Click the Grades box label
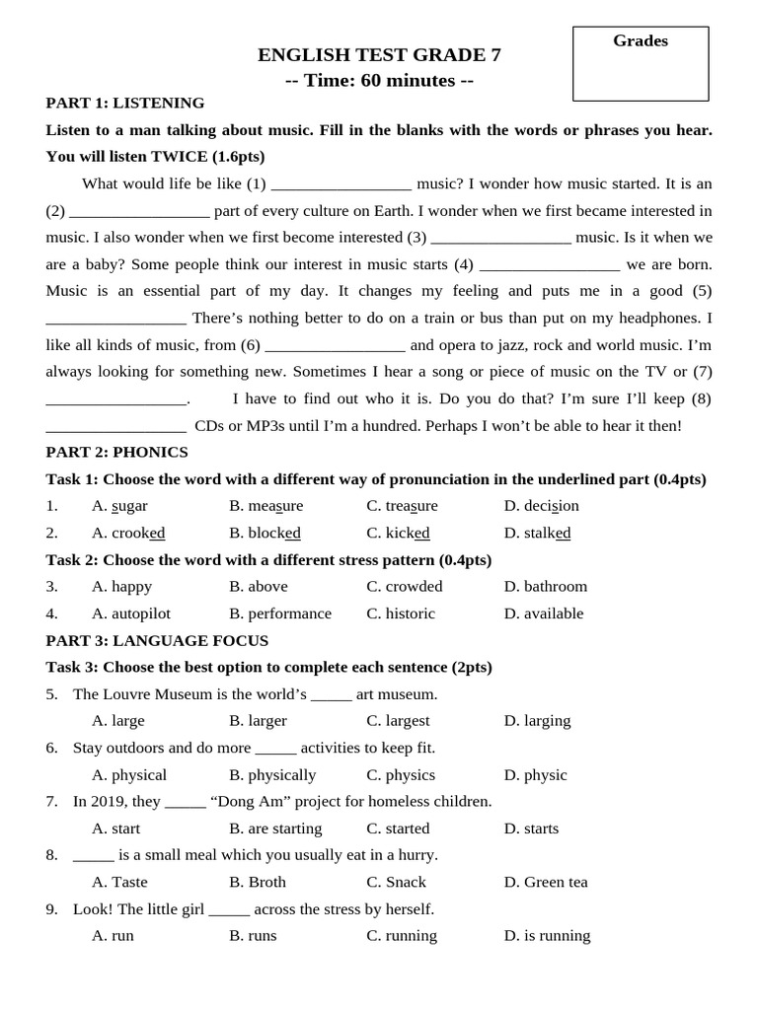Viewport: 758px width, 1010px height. [640, 41]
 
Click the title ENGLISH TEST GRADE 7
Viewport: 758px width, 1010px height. [379, 55]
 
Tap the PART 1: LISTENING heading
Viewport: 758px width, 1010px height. [125, 103]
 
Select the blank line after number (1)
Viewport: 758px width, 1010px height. [341, 184]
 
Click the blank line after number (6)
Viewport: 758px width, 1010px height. [335, 346]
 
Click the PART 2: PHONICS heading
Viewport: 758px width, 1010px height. [116, 452]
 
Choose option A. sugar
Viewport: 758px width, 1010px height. [119, 506]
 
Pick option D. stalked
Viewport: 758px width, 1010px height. [537, 533]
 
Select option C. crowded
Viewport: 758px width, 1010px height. [405, 586]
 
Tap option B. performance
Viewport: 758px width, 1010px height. [280, 613]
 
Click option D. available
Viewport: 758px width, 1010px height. [544, 613]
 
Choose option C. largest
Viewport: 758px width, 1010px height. [398, 721]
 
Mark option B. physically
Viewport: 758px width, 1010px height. [272, 775]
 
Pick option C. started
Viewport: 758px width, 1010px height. [398, 829]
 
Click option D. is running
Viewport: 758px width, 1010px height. [547, 936]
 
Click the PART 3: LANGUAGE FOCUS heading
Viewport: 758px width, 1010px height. [157, 640]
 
